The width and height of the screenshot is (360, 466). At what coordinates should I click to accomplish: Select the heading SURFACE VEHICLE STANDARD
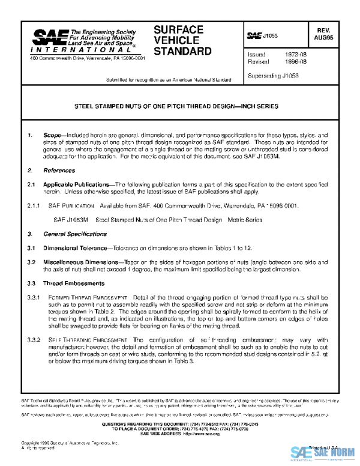182,40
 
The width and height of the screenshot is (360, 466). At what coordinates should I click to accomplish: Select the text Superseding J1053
274,76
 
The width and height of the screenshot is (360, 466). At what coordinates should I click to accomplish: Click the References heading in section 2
59,171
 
